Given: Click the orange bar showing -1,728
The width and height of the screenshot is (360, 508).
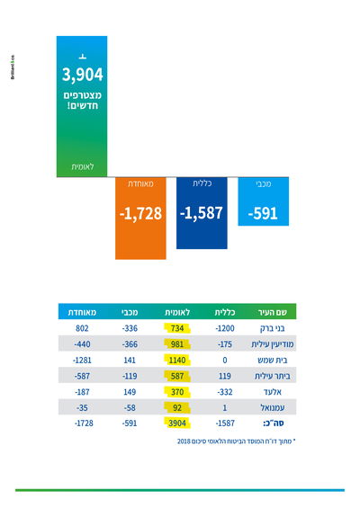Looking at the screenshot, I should [x=140, y=217].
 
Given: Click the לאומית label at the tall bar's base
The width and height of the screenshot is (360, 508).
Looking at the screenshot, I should [x=82, y=167].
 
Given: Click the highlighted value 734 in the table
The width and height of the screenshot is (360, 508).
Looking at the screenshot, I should [x=177, y=328].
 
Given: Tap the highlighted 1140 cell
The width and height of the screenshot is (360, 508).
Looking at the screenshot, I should [x=177, y=360].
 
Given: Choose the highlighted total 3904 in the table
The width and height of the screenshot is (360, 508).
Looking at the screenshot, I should [x=176, y=422].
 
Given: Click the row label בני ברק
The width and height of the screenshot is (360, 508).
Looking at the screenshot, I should [x=272, y=328].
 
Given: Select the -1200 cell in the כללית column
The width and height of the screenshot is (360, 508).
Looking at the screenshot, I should [x=225, y=328].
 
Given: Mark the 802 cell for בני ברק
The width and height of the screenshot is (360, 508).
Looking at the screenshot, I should [x=84, y=328].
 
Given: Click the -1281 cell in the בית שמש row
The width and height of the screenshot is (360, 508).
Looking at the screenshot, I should [x=84, y=360].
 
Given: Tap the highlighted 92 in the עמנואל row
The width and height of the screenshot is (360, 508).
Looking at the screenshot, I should [x=177, y=406].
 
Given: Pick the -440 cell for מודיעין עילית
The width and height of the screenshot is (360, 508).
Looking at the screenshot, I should [x=84, y=343].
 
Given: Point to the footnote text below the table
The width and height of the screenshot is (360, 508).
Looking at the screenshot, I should [x=230, y=442].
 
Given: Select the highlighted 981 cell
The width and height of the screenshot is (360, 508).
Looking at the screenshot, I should [x=177, y=343].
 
